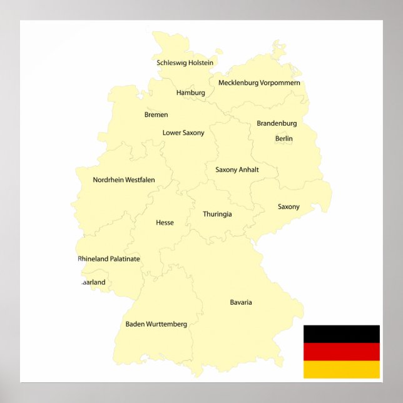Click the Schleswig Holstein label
pyautogui.click(x=185, y=63)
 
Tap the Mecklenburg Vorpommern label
pyautogui.click(x=259, y=83)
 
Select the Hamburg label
pyautogui.click(x=190, y=93)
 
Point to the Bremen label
pyautogui.click(x=156, y=115)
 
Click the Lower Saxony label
pyautogui.click(x=183, y=133)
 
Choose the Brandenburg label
pyautogui.click(x=277, y=123)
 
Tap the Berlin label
pyautogui.click(x=283, y=138)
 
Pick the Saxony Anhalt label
pyautogui.click(x=237, y=170)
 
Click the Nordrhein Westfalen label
pyautogui.click(x=124, y=180)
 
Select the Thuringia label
pyautogui.click(x=217, y=214)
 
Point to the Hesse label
pyautogui.click(x=165, y=222)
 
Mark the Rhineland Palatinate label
pyautogui.click(x=109, y=258)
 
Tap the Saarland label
pyautogui.click(x=93, y=282)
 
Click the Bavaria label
pyautogui.click(x=241, y=302)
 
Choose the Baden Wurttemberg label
pyautogui.click(x=156, y=324)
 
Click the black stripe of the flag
pyautogui.click(x=341, y=334)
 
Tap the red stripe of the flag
pyautogui.click(x=341, y=351)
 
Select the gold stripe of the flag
pyautogui.click(x=341, y=369)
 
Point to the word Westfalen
pyautogui.click(x=140, y=180)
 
